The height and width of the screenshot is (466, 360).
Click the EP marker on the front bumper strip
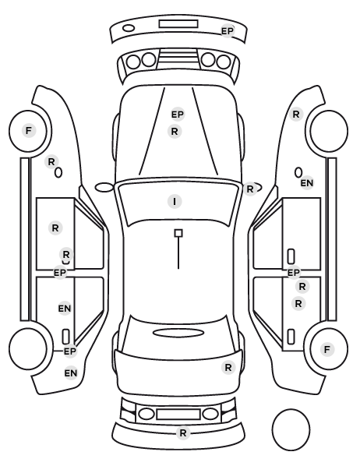click(x=228, y=31)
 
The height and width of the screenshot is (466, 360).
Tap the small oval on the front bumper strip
click(x=129, y=28)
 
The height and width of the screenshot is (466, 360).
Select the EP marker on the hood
click(x=178, y=114)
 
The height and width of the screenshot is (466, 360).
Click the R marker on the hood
click(x=175, y=131)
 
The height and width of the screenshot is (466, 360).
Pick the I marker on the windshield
click(x=175, y=202)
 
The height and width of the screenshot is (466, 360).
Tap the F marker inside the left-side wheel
click(x=29, y=130)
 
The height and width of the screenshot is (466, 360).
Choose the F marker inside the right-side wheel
click(x=327, y=349)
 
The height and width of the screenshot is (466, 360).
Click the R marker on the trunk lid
click(x=228, y=368)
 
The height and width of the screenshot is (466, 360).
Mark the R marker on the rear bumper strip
click(x=183, y=432)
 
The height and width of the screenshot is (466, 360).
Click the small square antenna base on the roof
click(x=178, y=233)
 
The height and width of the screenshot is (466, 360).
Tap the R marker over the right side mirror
click(x=250, y=189)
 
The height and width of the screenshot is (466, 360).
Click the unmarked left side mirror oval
click(x=104, y=188)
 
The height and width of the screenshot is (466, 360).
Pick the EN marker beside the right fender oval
click(x=307, y=183)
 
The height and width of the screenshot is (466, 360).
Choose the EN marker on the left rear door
click(x=65, y=309)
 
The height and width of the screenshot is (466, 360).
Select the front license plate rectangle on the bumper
click(x=178, y=24)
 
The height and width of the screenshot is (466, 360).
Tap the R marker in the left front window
click(x=55, y=228)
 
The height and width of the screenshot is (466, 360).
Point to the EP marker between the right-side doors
click(x=294, y=272)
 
